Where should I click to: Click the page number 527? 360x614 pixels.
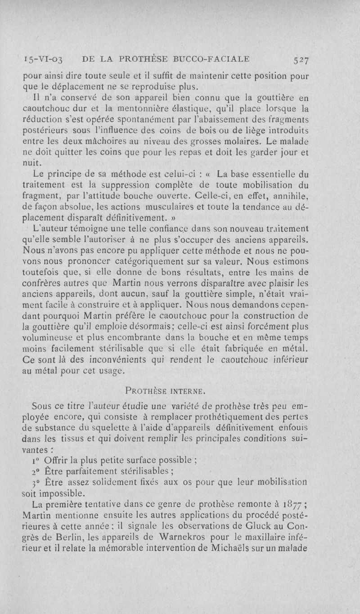click(x=299, y=58)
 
